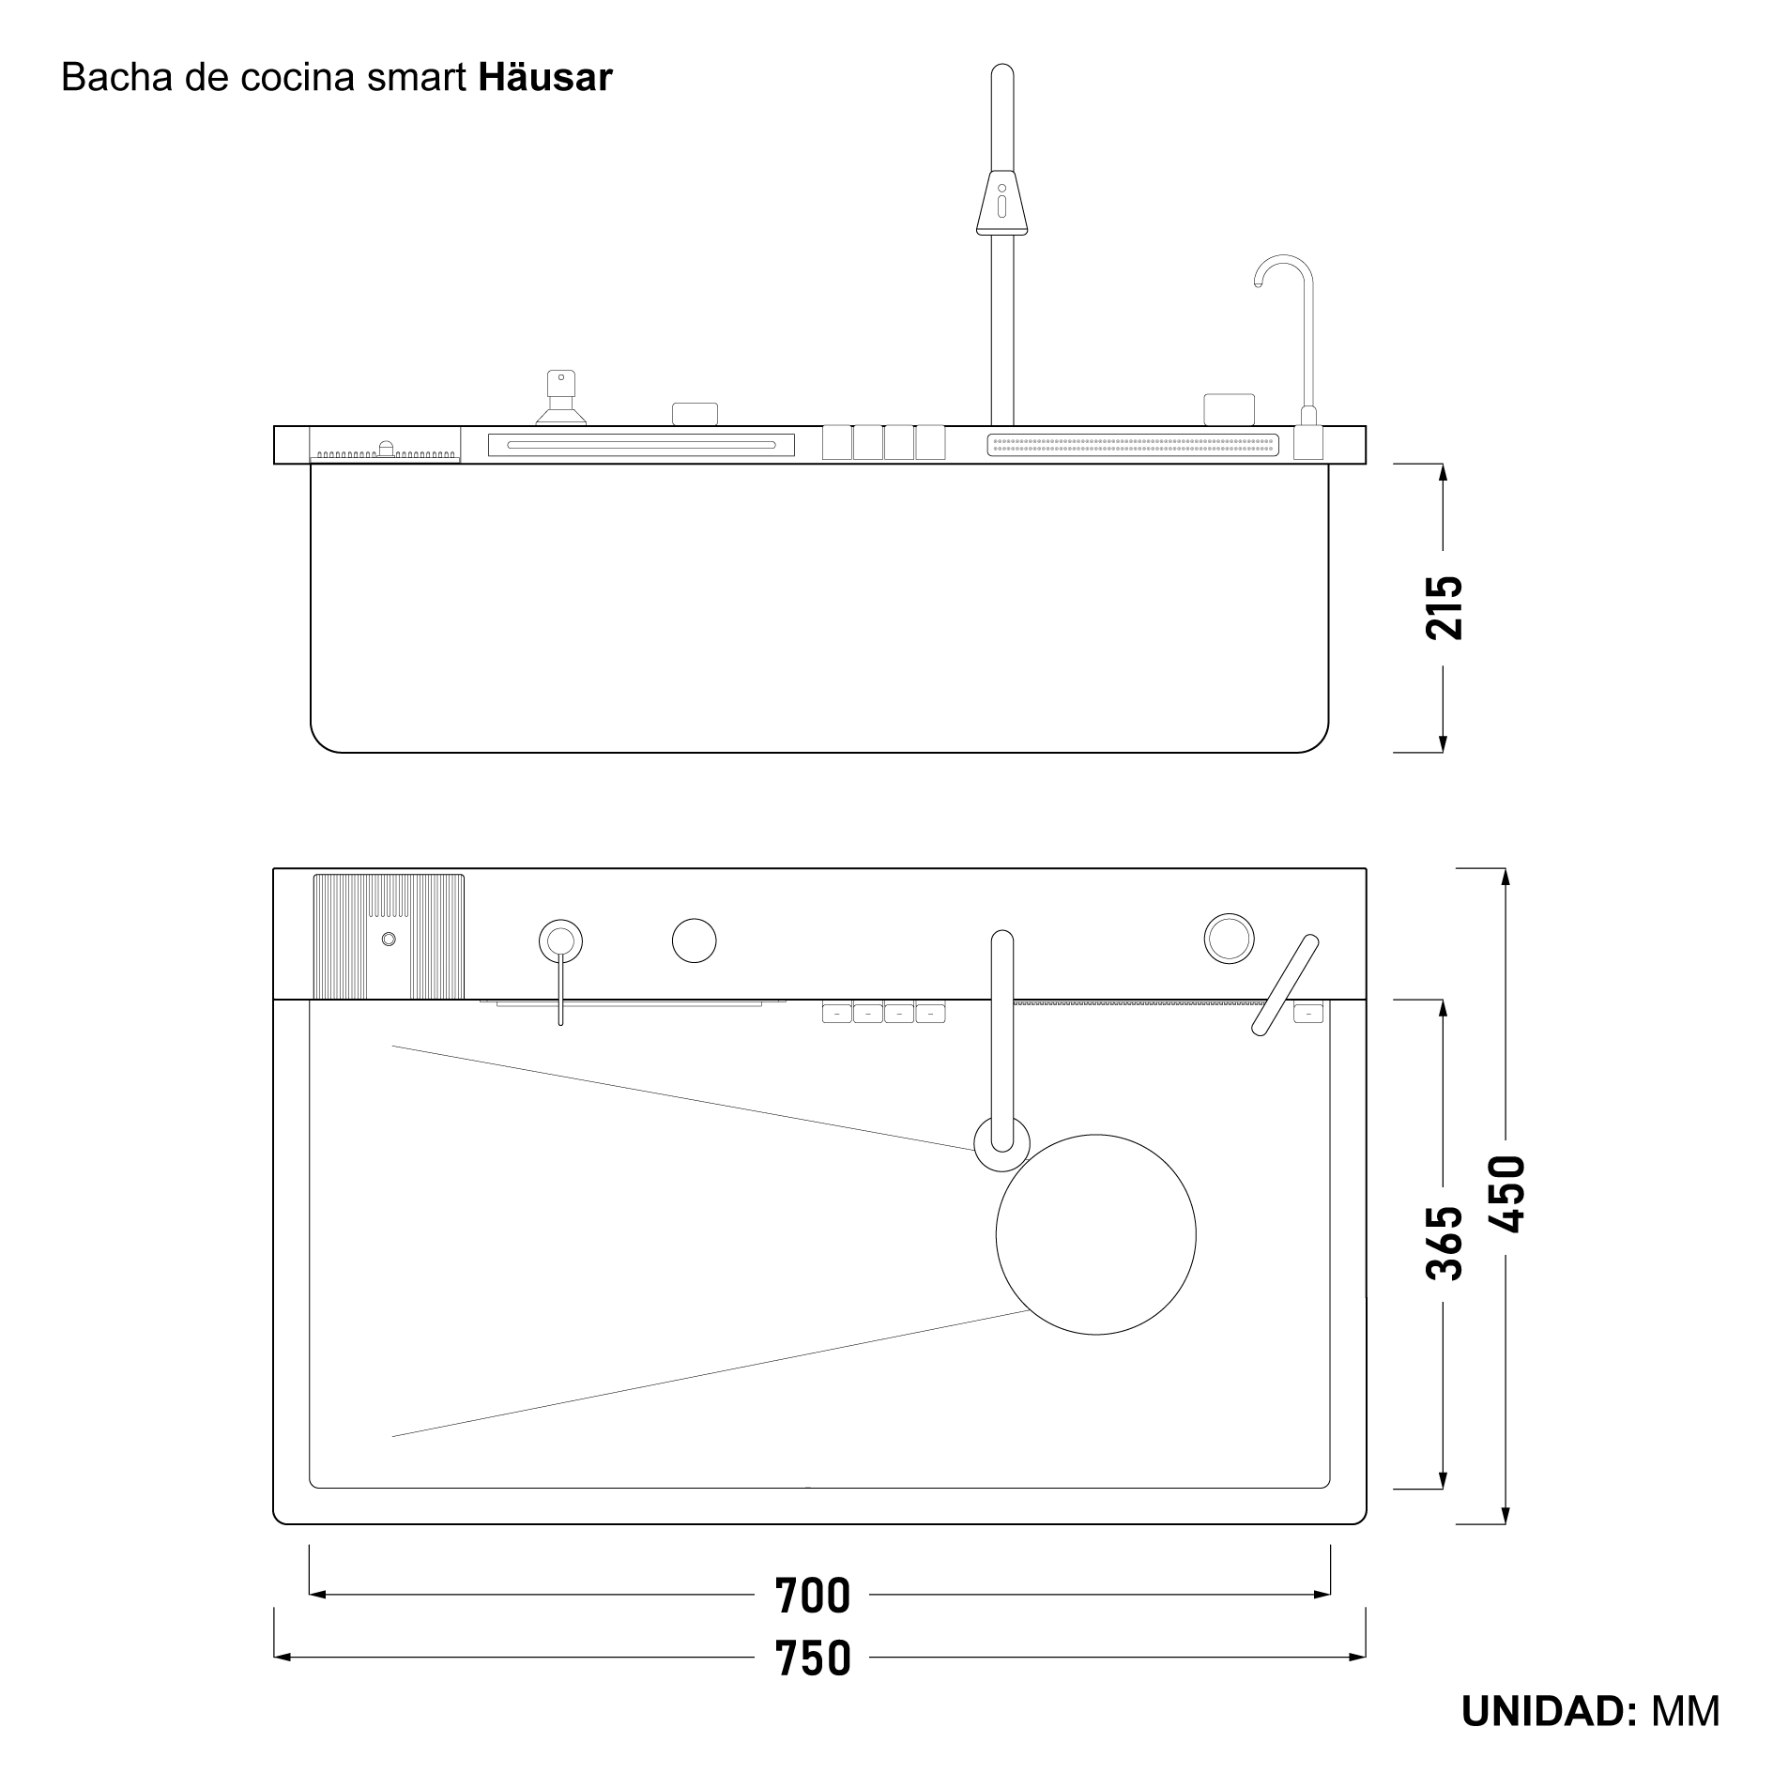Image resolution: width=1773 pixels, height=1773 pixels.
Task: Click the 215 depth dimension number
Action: click(x=1443, y=608)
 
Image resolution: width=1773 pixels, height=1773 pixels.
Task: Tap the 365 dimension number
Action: click(x=1443, y=1244)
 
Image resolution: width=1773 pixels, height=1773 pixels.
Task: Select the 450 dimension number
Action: click(x=1506, y=1194)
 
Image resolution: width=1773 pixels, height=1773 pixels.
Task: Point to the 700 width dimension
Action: click(x=813, y=1596)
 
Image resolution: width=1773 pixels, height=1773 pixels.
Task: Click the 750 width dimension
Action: click(x=813, y=1658)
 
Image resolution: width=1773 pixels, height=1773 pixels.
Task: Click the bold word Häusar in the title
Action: click(x=545, y=77)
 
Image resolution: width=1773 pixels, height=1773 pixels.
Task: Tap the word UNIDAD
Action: click(x=1550, y=1711)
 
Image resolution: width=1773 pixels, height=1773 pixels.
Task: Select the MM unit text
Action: click(x=1686, y=1711)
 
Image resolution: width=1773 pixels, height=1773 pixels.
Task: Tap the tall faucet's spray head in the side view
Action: click(x=1001, y=202)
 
